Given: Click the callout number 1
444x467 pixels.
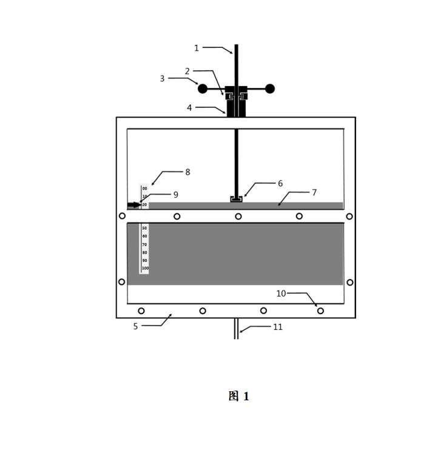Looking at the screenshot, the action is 197,48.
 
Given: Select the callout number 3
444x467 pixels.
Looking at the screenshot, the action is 163,78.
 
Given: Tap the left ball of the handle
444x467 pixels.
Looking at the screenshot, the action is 203,89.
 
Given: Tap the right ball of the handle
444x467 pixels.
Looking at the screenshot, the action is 270,89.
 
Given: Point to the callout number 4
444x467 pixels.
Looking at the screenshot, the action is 189,107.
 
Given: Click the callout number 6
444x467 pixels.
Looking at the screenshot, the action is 280,183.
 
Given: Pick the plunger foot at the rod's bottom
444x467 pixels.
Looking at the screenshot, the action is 236,198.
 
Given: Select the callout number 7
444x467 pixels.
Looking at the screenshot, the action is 314,192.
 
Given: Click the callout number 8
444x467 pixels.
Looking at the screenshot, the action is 187,172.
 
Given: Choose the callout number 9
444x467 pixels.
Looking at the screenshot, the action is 175,195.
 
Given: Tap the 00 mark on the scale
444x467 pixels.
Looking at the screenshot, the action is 144,189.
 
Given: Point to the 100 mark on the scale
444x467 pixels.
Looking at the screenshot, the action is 145,268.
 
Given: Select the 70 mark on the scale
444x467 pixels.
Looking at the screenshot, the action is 144,244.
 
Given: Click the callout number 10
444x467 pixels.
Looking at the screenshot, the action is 281,294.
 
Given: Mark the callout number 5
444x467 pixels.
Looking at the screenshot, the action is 135,326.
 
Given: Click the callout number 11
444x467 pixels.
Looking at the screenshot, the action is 278,327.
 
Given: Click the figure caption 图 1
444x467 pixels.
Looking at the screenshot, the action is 239,397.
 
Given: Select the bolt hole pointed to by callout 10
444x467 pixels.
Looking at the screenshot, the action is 321,311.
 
